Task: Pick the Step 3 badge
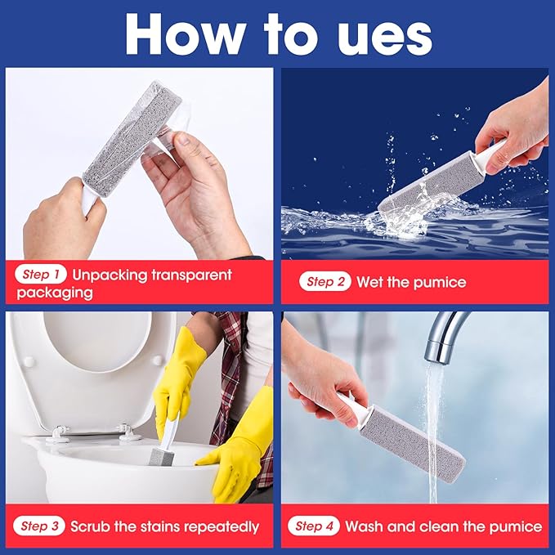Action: (x=39, y=526)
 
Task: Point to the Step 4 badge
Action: (x=314, y=526)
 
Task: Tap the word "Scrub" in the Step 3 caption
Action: (x=92, y=526)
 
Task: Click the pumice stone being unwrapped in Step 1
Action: (x=131, y=131)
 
